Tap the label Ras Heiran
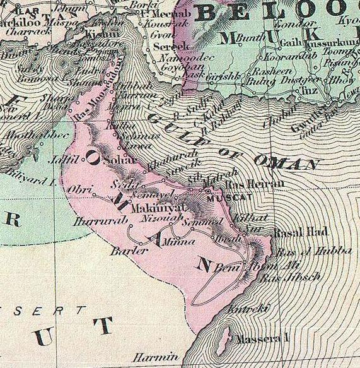click(247, 184)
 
